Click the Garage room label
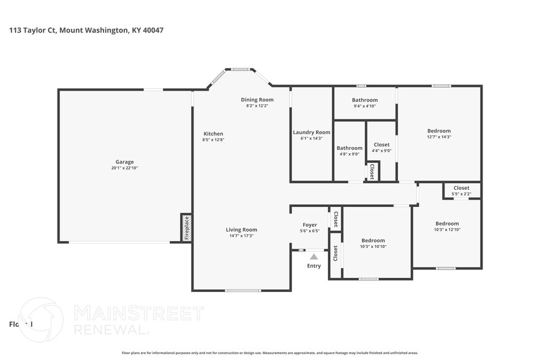pos(124,162)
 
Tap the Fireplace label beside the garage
pos(187,227)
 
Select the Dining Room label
pos(257,100)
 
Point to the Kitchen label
pos(214,134)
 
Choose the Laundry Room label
pos(312,132)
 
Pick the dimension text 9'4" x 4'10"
pos(365,106)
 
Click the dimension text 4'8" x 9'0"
pos(350,154)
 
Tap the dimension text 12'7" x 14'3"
pos(439,137)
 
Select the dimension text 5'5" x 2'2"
pos(461,194)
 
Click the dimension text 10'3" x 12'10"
pos(447,230)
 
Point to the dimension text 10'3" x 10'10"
pos(373,246)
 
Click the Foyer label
pos(310,225)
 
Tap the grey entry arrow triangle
pos(313,257)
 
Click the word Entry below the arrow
pos(313,266)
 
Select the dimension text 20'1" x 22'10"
pos(124,168)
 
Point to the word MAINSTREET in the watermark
pos(138,314)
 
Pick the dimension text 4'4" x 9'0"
pos(381,151)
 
